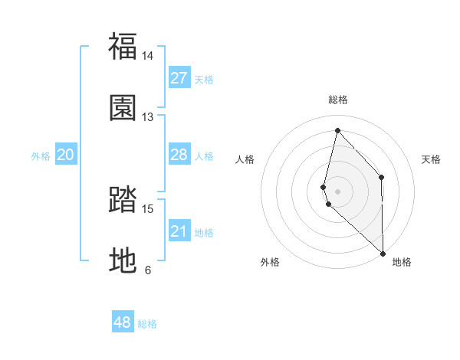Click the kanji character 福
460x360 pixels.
(123, 46)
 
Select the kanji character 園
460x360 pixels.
(123, 107)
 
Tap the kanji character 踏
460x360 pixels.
(123, 199)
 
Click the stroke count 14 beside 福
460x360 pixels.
(148, 56)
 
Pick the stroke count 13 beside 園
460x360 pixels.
(148, 117)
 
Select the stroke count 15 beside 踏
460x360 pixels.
(148, 208)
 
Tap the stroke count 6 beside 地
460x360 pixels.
(148, 270)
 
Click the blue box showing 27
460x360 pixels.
(179, 78)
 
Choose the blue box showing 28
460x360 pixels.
(179, 155)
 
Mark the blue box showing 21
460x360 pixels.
(179, 231)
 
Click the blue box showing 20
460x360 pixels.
(66, 155)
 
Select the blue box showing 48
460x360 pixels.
(123, 322)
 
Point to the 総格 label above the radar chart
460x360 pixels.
(337, 100)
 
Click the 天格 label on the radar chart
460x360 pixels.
(432, 159)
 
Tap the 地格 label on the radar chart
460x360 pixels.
(402, 262)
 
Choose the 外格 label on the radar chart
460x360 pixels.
(270, 262)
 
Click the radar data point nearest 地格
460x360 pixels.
(383, 253)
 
